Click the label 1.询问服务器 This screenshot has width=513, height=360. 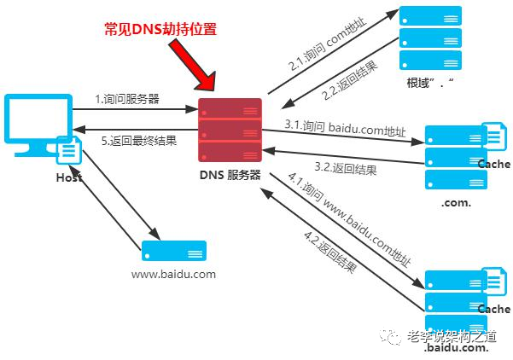[x=127, y=99]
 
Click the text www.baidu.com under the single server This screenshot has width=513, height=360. [x=173, y=275]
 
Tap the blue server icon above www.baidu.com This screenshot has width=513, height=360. [x=173, y=251]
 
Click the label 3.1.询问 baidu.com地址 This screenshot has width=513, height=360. [x=345, y=127]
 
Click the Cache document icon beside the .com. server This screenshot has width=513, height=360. [x=493, y=138]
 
